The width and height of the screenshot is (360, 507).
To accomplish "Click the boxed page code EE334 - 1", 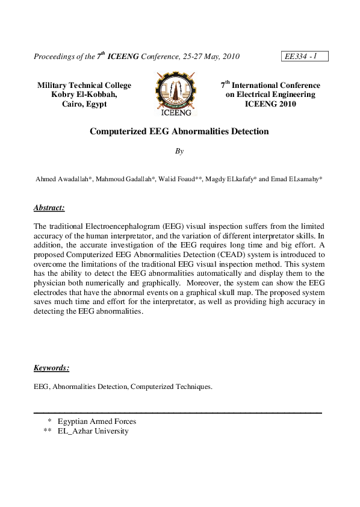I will click(304, 57).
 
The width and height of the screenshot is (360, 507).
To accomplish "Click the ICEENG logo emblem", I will click(176, 93).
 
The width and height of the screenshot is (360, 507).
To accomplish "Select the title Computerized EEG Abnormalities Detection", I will click(179, 131).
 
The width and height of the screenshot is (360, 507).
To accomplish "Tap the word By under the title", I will click(179, 152).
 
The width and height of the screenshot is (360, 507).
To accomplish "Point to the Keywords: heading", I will click(51, 367).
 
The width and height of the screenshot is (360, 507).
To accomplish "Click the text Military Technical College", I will click(84, 86).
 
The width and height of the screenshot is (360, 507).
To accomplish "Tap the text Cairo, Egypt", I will click(84, 104).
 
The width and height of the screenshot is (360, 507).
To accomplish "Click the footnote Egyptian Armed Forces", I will click(97, 421).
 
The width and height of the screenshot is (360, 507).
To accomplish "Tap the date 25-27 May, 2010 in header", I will click(202, 57).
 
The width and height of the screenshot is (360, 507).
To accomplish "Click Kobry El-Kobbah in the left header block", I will click(84, 95).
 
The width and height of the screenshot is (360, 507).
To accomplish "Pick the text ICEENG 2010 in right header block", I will click(270, 104).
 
